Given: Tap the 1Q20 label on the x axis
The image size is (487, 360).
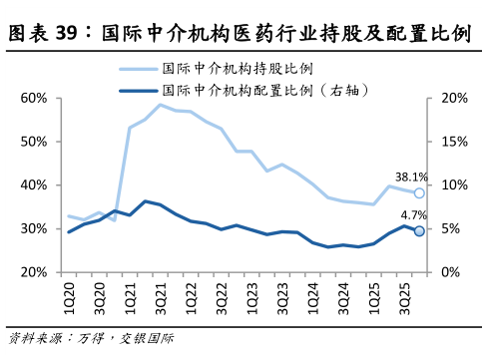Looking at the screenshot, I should (x=69, y=293).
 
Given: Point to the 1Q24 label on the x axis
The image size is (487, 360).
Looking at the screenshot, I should (x=313, y=293).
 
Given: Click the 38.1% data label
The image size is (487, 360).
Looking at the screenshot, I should (x=411, y=178).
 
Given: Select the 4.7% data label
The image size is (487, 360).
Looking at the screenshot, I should (x=413, y=215).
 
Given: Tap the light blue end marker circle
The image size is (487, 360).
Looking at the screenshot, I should (x=419, y=193).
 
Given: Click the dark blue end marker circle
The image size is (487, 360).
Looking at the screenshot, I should (x=419, y=231).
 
